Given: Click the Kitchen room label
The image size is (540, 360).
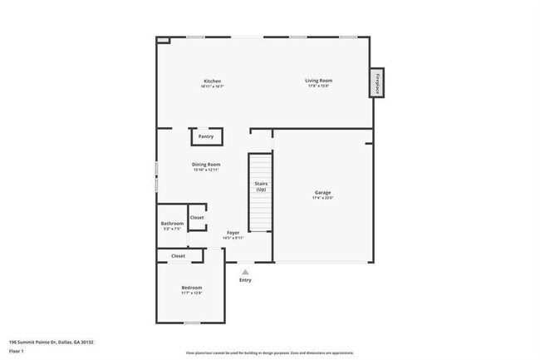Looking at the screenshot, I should coord(213,81).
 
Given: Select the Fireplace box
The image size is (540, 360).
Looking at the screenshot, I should coord(377,84).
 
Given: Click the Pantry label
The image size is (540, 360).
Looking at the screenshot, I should coord(205,136).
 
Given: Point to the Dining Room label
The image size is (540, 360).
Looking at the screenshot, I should coord(207,165).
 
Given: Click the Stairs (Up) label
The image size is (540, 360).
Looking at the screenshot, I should coord(261,187).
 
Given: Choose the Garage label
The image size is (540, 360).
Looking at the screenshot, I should coord(322,193).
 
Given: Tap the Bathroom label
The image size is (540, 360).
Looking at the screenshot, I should coord(172,223).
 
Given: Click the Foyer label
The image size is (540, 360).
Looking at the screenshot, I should coord(233,233).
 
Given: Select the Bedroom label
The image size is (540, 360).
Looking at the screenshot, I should coord(192,288).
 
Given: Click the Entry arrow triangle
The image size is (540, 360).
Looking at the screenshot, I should coord(245,271).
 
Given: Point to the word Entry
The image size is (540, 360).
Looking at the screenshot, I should coord(245,280).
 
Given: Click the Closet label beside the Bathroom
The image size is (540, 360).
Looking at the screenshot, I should coord(197,217).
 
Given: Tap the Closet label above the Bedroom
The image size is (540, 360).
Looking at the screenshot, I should coord(179,256).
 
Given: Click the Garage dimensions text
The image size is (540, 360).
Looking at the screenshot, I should coord(322,198).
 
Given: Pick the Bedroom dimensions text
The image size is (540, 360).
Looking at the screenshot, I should coord(192,293).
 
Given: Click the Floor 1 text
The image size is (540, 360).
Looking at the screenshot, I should coord(17,351).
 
